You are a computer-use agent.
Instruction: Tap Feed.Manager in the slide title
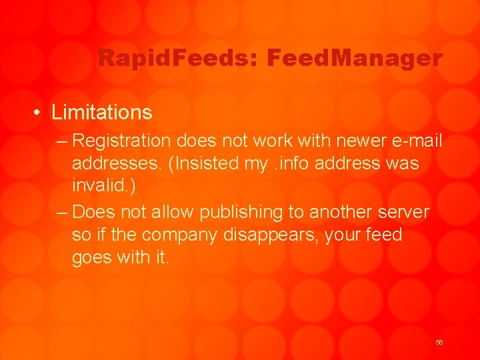(x=354, y=59)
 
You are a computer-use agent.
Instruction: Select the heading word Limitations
(x=102, y=112)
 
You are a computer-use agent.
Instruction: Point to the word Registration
(x=122, y=141)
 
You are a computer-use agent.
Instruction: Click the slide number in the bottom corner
(x=439, y=342)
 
